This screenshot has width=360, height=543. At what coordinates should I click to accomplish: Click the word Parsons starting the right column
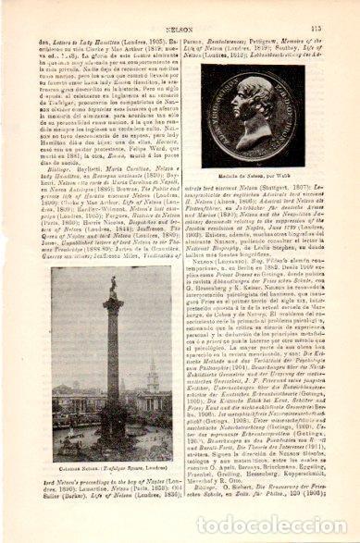coord(202,37)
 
